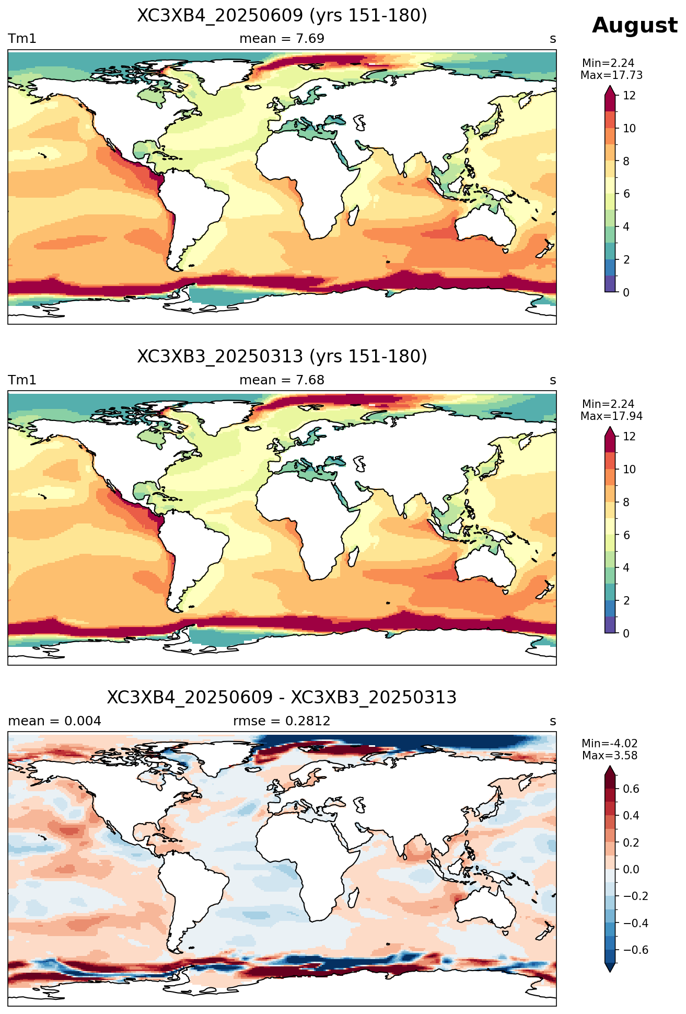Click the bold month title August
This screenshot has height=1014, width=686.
(x=635, y=26)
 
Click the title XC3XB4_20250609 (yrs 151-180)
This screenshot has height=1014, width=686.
(x=282, y=16)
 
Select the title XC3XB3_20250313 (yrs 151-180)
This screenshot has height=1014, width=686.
(x=282, y=357)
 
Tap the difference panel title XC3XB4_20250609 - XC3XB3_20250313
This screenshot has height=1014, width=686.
(x=282, y=698)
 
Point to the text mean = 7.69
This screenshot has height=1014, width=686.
(x=282, y=39)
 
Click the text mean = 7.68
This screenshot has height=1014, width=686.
(x=282, y=380)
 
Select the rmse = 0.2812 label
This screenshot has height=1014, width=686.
(x=282, y=721)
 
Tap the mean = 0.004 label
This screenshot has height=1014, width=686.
(x=55, y=721)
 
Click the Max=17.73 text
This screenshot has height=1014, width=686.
(x=611, y=75)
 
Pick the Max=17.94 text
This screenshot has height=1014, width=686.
(x=611, y=416)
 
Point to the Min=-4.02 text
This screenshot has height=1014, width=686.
(x=610, y=744)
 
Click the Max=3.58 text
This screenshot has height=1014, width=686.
(x=610, y=756)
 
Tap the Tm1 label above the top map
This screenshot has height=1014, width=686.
(x=22, y=39)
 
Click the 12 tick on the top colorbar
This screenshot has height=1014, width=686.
(x=630, y=96)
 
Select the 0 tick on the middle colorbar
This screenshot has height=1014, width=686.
(x=626, y=633)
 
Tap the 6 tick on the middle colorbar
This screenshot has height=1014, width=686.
(x=626, y=535)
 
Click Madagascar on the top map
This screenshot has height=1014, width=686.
(x=353, y=216)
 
